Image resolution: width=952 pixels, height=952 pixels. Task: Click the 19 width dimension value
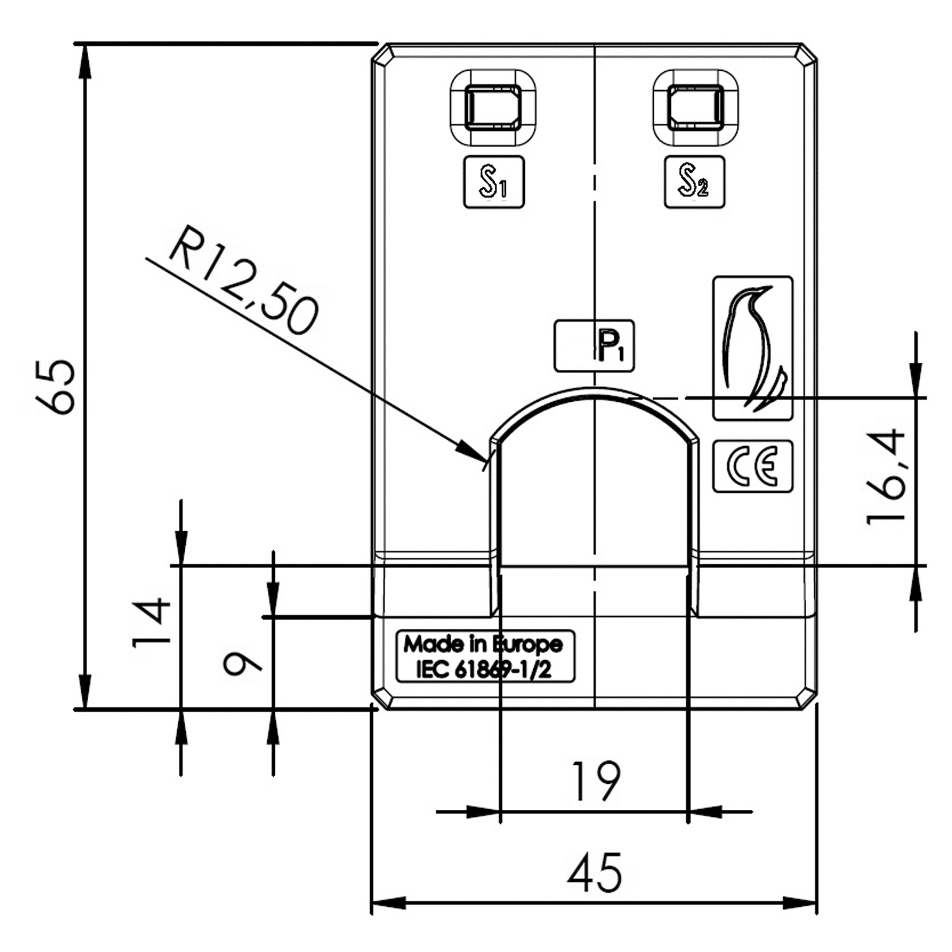595,781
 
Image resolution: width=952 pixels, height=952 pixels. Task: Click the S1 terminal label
494,182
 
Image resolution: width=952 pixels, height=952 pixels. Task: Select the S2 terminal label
694,182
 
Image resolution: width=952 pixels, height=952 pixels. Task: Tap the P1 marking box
595,346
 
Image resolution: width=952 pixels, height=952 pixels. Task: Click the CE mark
753,466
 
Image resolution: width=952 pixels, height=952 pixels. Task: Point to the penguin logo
753,348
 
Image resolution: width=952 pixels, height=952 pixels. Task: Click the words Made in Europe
484,645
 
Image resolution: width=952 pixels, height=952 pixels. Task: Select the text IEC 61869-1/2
484,670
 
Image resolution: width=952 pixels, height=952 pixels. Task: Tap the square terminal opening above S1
493,107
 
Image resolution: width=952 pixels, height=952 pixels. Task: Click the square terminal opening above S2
696,107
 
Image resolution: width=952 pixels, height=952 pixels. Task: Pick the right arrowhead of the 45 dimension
815,902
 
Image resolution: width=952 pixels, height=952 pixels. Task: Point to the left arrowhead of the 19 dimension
500,811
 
